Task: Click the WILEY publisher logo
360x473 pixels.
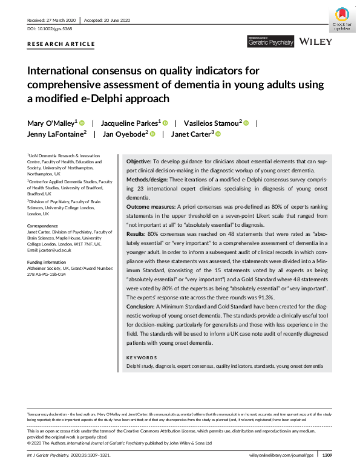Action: click(316, 42)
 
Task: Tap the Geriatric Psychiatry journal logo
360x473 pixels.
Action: click(270, 42)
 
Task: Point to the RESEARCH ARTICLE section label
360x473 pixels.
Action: click(61, 44)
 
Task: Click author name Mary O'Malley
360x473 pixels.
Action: click(51, 122)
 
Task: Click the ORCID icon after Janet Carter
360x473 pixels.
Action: click(218, 134)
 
